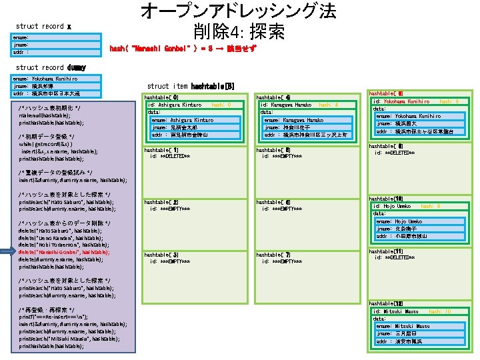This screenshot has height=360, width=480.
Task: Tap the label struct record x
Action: tap(44, 26)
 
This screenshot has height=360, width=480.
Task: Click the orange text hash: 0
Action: tap(221, 105)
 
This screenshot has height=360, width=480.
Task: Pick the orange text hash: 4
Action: tap(328, 105)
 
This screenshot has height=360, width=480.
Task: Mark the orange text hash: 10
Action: tap(439, 311)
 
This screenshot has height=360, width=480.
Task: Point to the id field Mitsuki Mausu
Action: tap(397, 311)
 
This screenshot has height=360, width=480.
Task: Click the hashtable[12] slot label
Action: tap(385, 303)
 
